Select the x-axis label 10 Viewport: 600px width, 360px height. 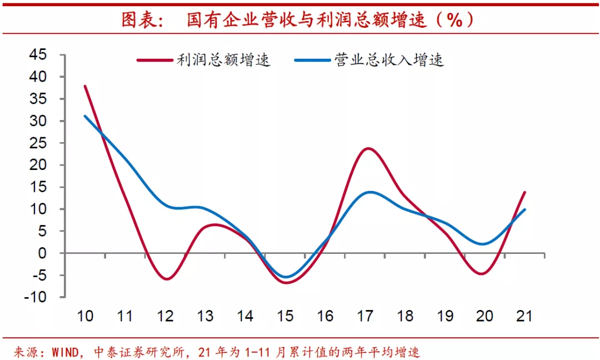pyautogui.click(x=85, y=316)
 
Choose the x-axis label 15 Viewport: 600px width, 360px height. pyautogui.click(x=285, y=316)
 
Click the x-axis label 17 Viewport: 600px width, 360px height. pyautogui.click(x=365, y=316)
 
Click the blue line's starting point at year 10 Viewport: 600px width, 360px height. pyautogui.click(x=85, y=116)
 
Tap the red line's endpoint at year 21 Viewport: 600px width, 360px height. pyautogui.click(x=524, y=192)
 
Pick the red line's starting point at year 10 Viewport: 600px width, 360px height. pyautogui.click(x=85, y=86)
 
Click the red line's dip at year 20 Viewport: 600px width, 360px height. pyautogui.click(x=482, y=273)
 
